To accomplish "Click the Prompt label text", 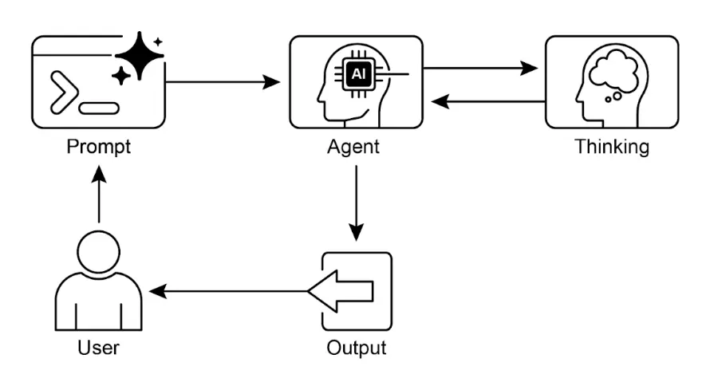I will click(x=98, y=148).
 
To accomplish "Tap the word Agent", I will click(x=353, y=148).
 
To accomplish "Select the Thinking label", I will click(x=612, y=148).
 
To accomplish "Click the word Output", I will click(x=356, y=349).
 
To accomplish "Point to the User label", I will click(x=98, y=349).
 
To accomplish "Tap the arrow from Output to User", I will click(x=231, y=292).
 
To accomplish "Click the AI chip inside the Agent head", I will click(x=357, y=73).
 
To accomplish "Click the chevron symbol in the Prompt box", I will click(x=64, y=89).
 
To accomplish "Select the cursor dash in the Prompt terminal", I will click(x=101, y=107).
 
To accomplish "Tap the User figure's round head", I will click(x=98, y=251).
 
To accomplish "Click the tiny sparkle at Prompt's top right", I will click(x=158, y=41).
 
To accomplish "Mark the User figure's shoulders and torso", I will click(x=98, y=303).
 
